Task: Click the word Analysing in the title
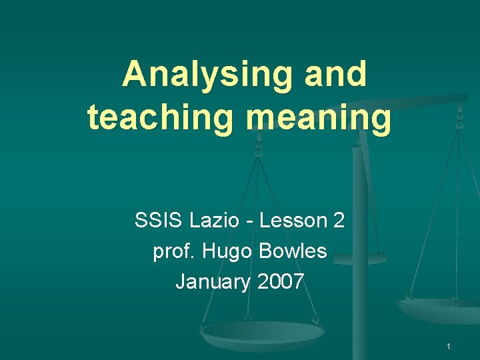pyautogui.click(x=207, y=74)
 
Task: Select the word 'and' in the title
pyautogui.click(x=335, y=74)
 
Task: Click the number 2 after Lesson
pyautogui.click(x=338, y=220)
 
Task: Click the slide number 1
pyautogui.click(x=449, y=346)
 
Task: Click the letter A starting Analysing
pyautogui.click(x=135, y=74)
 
